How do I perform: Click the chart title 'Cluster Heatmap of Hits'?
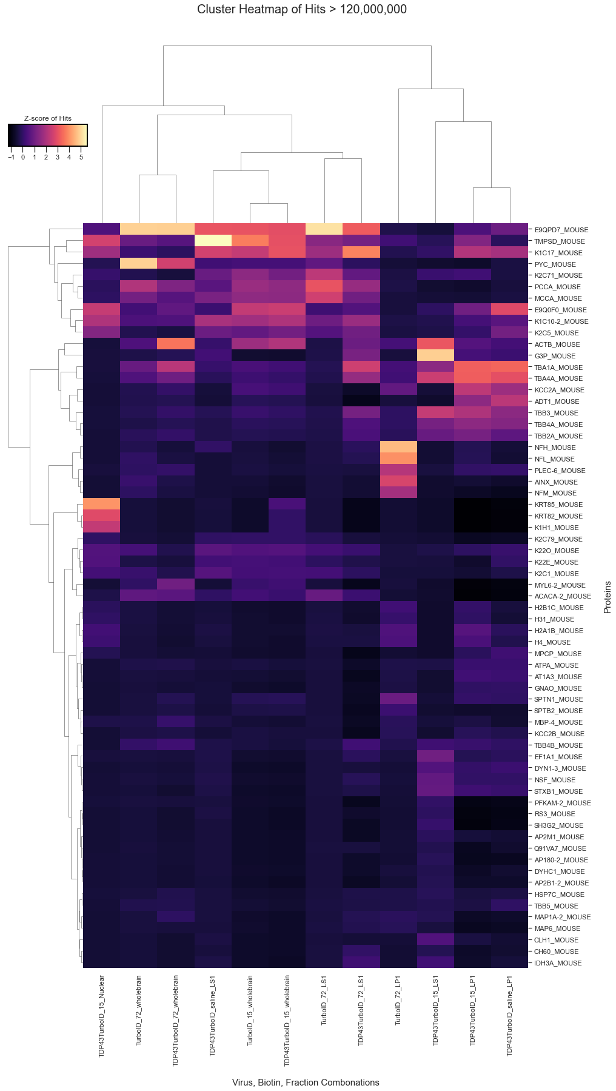click(301, 10)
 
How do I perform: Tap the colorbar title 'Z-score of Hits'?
click(47, 118)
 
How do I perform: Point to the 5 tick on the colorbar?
click(81, 157)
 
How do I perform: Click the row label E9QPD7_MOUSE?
click(561, 230)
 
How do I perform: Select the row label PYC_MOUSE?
click(555, 264)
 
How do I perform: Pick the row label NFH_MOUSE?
click(555, 448)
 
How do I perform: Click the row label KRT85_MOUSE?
click(558, 505)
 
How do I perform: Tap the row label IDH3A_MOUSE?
click(558, 963)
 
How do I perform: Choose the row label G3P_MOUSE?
click(555, 356)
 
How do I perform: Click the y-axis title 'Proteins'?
click(608, 597)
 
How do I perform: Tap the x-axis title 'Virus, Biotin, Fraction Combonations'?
click(306, 1083)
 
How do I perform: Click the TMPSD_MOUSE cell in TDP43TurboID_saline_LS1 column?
click(213, 241)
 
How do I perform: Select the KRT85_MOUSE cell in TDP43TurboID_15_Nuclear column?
click(102, 504)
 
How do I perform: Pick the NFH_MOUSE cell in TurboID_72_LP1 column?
click(398, 447)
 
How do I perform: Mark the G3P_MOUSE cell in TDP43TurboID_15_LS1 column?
click(435, 355)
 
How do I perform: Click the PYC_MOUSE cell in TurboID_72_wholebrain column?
click(139, 264)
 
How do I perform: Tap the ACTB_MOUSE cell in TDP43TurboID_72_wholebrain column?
click(176, 344)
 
